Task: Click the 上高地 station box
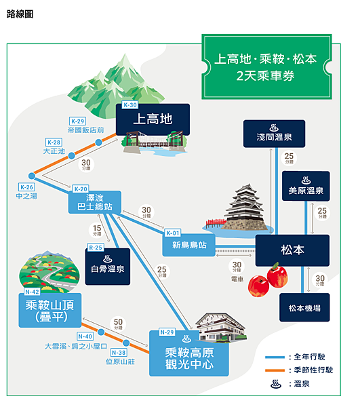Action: tap(153, 119)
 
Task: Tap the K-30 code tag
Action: tap(130, 105)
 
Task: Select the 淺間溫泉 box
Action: tap(274, 134)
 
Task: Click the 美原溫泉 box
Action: tap(306, 186)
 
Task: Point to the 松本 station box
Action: tap(292, 250)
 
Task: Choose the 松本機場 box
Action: tap(304, 307)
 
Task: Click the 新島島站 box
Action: tap(189, 245)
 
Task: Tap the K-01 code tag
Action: tap(173, 233)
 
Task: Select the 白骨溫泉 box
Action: tap(108, 267)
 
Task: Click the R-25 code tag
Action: tap(96, 248)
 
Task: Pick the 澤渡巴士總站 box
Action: tap(95, 202)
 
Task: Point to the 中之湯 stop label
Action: tap(26, 196)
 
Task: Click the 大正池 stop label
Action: tap(54, 151)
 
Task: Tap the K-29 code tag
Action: tap(77, 121)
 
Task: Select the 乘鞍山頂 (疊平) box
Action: tap(50, 310)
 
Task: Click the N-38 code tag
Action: tap(119, 353)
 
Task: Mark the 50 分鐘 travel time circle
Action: tap(118, 324)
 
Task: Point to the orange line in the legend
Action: tap(275, 370)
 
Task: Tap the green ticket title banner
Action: tap(266, 66)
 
